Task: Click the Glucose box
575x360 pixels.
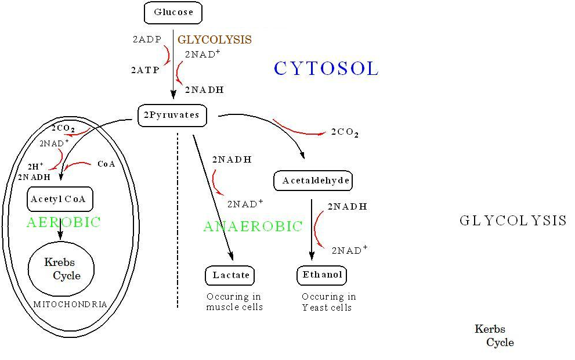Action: point(173,12)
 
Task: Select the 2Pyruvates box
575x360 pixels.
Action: point(172,116)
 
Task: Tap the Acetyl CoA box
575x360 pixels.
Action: point(60,199)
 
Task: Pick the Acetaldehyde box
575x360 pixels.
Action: point(313,181)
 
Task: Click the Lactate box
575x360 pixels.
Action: point(230,276)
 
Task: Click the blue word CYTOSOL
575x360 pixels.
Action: point(326,69)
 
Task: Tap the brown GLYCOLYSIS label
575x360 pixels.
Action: point(215,39)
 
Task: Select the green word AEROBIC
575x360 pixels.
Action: point(63,222)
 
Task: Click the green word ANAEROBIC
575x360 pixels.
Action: point(253,226)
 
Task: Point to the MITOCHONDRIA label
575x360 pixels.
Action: point(70,304)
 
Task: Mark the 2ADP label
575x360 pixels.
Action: point(147,39)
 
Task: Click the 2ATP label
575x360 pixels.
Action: point(145,70)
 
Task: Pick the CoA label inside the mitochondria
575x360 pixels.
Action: point(106,164)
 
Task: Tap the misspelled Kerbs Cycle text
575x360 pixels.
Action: point(494,336)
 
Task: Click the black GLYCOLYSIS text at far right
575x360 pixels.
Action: point(513,221)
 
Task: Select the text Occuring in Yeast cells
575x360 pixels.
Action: point(328,302)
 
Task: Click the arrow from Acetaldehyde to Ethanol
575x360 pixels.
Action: point(312,230)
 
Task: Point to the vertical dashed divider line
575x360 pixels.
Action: point(178,220)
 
